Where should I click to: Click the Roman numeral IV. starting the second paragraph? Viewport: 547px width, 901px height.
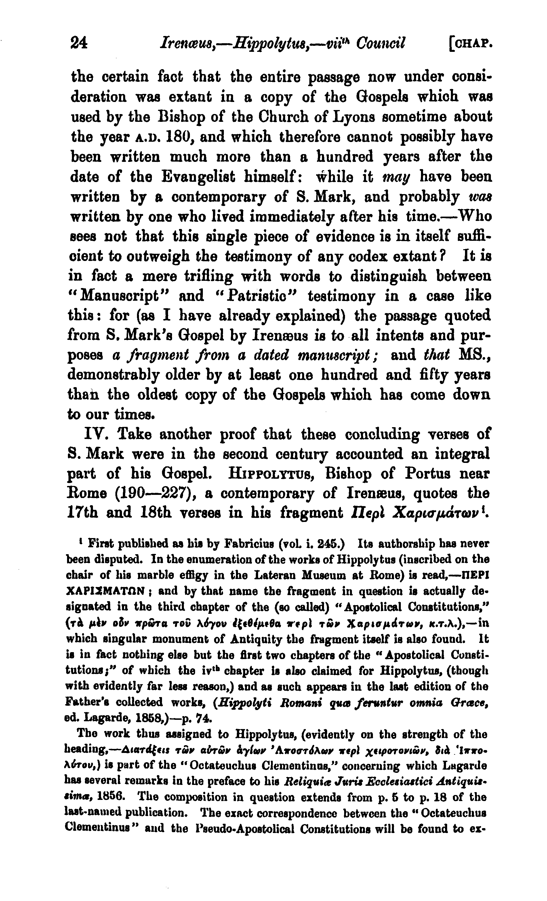(97, 434)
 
